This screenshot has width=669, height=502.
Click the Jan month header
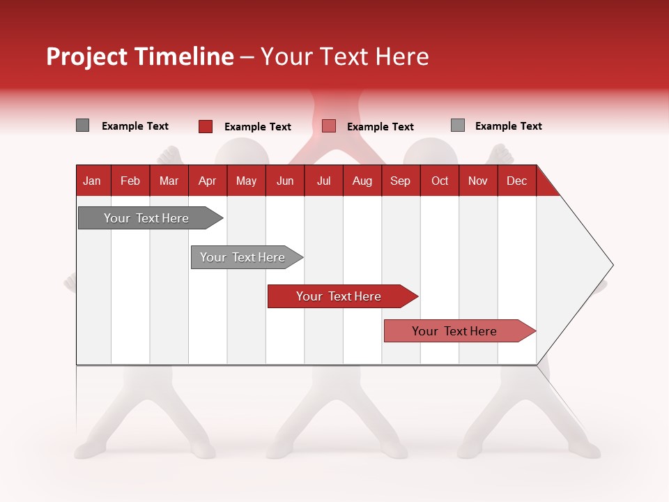(92, 181)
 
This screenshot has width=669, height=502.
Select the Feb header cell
(130, 181)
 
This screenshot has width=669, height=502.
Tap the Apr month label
(207, 181)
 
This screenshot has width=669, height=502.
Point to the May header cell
(246, 181)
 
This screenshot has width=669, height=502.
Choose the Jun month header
(285, 181)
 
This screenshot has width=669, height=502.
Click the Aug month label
(362, 181)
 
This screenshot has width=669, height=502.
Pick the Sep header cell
(400, 181)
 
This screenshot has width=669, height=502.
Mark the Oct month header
(440, 181)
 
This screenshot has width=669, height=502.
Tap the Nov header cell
(478, 181)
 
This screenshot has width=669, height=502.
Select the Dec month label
(516, 181)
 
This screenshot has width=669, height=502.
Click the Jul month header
(323, 181)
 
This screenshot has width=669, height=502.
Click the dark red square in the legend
(206, 126)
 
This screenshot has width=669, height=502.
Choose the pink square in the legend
(329, 126)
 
